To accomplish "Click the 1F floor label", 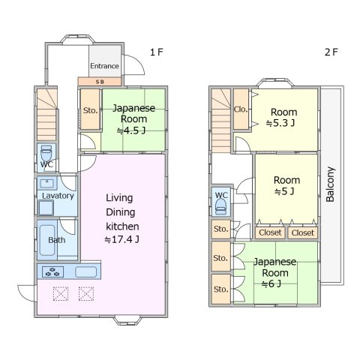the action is click(157, 52).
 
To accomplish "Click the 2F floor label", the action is click(331, 52).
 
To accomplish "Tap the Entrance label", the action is click(104, 66).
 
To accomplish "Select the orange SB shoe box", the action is click(100, 82).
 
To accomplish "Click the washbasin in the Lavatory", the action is click(47, 184).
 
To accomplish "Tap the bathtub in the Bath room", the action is click(47, 240).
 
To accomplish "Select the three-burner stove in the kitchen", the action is click(52, 271).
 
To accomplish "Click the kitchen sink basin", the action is click(86, 271).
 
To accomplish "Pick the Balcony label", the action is click(331, 184).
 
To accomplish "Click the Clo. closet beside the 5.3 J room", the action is click(241, 109).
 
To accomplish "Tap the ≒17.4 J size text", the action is click(122, 239).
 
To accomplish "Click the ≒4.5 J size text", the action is click(131, 130).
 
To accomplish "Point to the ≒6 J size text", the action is click(271, 283).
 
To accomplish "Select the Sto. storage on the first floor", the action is click(90, 109).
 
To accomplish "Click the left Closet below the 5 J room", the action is click(270, 232).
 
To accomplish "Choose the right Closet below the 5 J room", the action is click(303, 232).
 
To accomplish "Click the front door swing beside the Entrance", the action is click(134, 64).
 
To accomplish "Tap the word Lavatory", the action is click(58, 196).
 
